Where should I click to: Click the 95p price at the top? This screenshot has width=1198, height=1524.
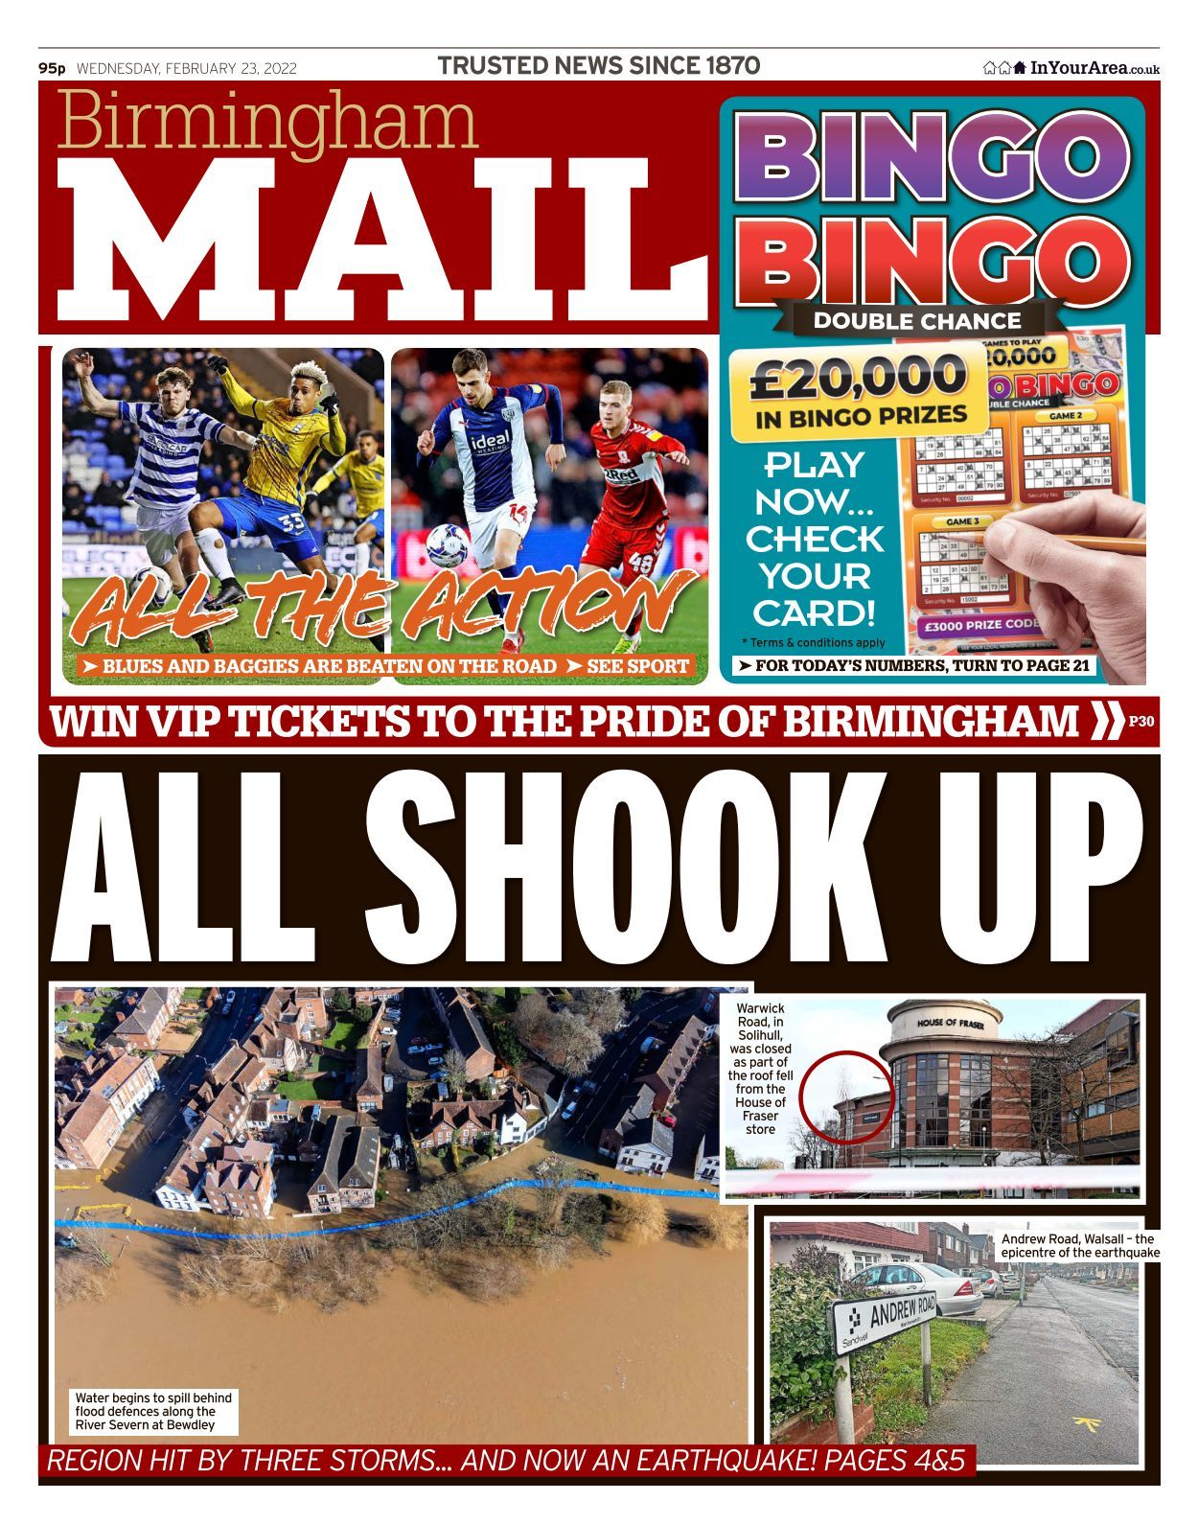click(52, 68)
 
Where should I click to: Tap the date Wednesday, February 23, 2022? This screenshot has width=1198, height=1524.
click(187, 68)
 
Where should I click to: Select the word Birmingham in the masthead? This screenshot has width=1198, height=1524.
click(267, 123)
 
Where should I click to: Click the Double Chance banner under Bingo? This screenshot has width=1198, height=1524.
click(917, 321)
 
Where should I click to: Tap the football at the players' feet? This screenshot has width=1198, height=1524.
click(448, 543)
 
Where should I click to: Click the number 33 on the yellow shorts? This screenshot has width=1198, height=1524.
click(291, 524)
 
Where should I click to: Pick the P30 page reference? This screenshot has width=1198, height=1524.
click(1141, 722)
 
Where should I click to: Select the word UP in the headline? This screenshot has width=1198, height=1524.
click(1039, 867)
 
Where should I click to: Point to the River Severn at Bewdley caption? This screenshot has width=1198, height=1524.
click(153, 1411)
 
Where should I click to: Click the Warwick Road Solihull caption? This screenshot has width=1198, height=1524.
click(760, 1068)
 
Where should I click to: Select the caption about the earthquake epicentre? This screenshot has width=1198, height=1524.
click(1079, 1245)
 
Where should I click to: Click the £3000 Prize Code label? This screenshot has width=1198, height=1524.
click(980, 625)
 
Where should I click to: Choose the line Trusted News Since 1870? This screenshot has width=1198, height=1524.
click(599, 66)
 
